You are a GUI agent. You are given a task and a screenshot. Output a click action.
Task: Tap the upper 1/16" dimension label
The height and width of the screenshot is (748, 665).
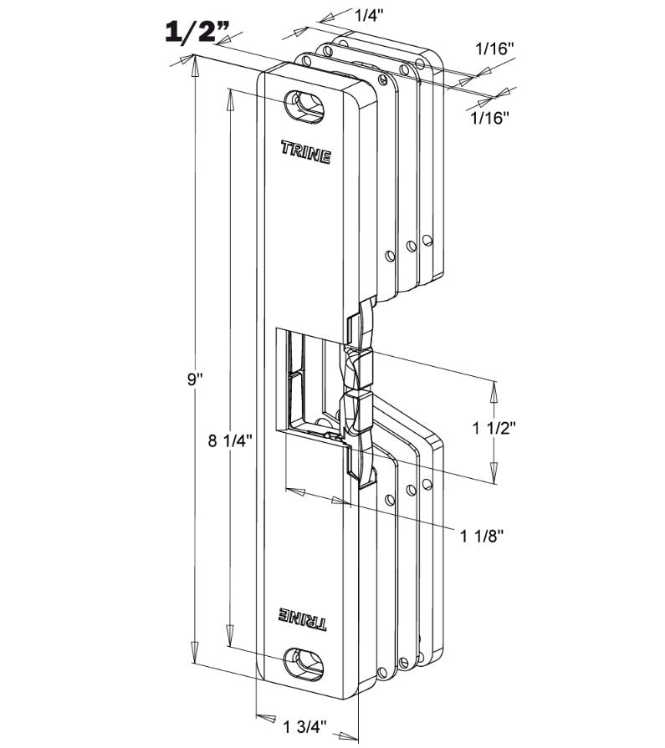[493, 49]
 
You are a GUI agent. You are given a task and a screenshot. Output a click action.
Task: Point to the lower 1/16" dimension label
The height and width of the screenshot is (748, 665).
[489, 118]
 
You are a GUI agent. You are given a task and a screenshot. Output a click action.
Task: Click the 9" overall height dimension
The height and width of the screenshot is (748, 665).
[195, 379]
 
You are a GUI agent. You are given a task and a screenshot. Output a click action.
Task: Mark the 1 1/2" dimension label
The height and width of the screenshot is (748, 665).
[494, 428]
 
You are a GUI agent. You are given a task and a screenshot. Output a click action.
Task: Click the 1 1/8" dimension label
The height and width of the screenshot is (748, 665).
[483, 535]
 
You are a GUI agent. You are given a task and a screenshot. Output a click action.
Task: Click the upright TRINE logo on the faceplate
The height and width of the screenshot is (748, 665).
[305, 153]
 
